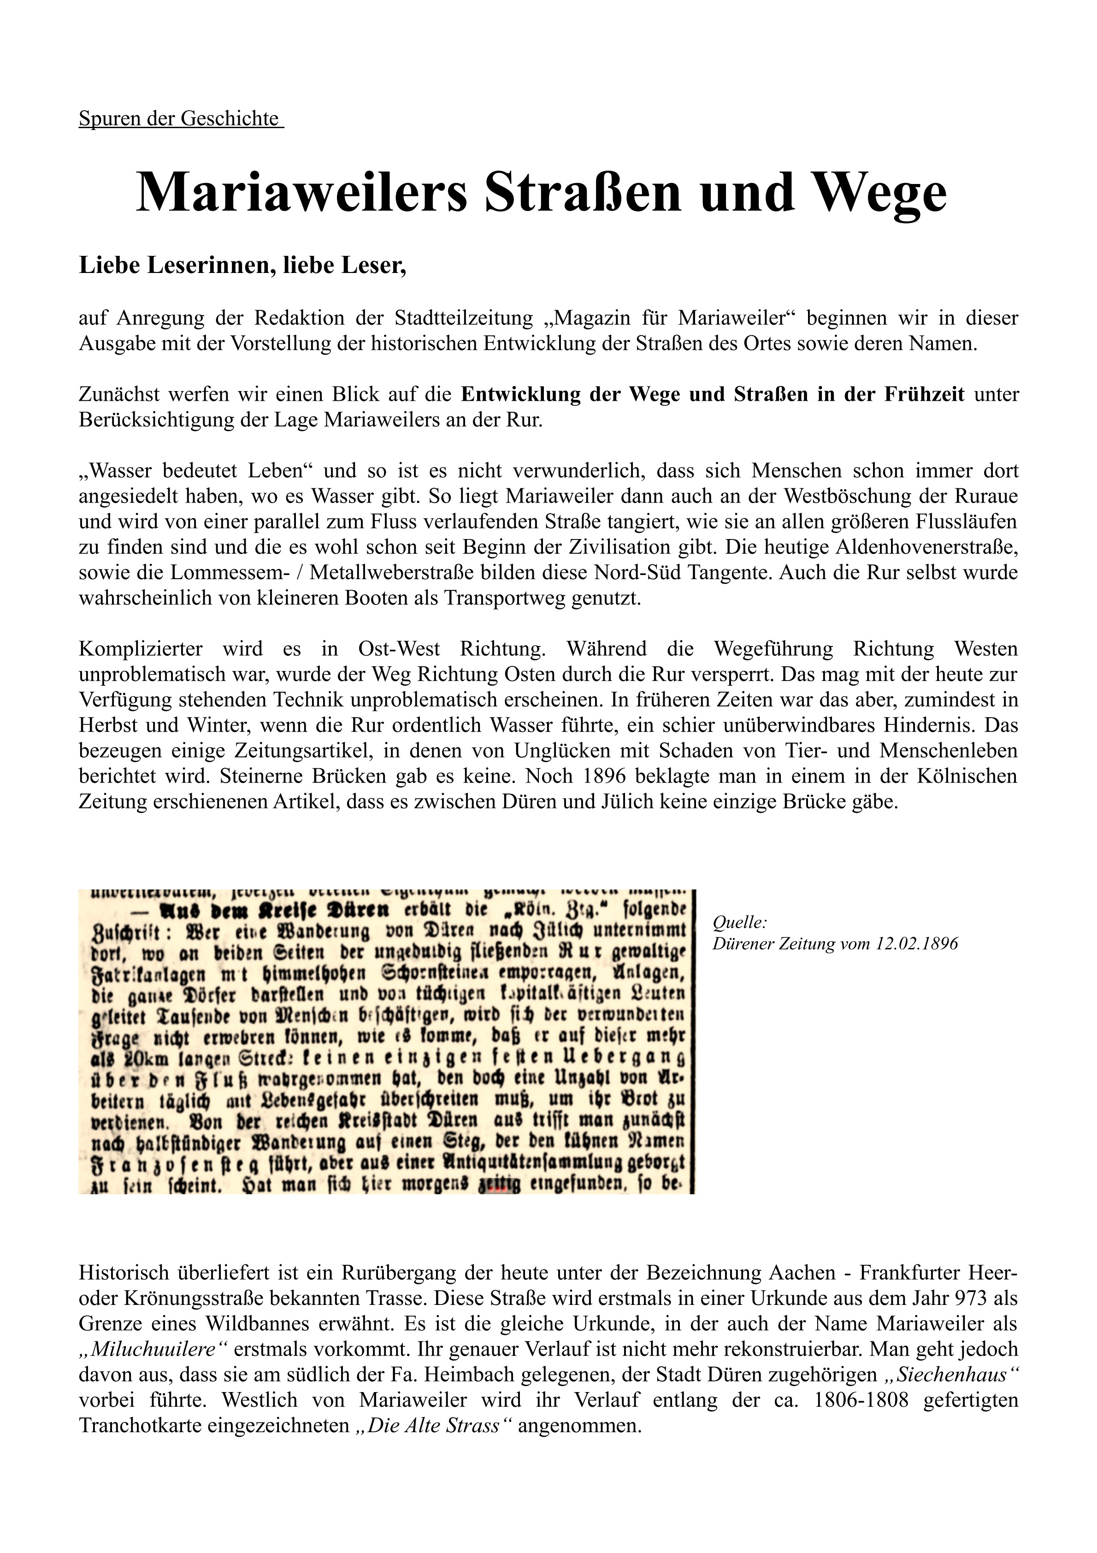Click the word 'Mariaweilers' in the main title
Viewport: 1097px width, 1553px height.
(301, 193)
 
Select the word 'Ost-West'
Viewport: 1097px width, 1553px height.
(399, 649)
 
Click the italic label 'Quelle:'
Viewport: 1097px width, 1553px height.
(739, 922)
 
